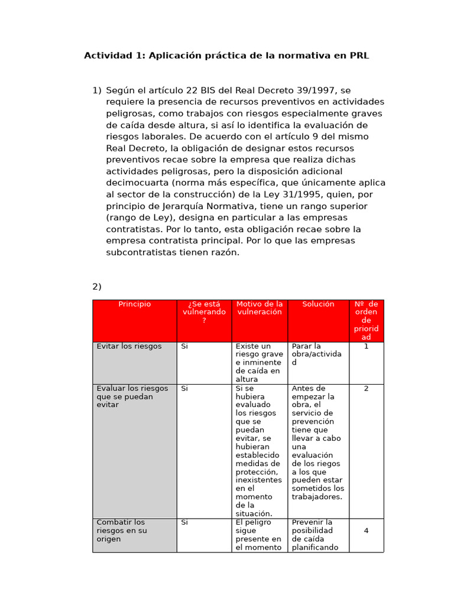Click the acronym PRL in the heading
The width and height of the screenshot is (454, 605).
tap(358, 56)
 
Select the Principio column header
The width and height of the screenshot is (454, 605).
tap(134, 304)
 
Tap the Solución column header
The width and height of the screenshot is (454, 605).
tap(318, 304)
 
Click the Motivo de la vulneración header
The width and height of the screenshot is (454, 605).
tap(259, 308)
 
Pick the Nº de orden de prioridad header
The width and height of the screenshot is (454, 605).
tap(366, 320)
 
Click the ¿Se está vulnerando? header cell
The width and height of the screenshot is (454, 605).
tap(204, 312)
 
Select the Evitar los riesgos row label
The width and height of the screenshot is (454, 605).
tap(129, 346)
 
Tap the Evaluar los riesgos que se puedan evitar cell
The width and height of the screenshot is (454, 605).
tap(132, 396)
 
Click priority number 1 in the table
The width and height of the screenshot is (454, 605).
tap(366, 346)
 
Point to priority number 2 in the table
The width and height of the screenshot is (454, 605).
tap(366, 389)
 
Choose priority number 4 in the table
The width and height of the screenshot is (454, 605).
tap(366, 531)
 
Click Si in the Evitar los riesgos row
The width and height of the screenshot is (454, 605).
tap(184, 346)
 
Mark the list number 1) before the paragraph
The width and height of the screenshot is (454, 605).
tap(97, 90)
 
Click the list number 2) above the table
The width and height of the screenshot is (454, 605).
tap(97, 287)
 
